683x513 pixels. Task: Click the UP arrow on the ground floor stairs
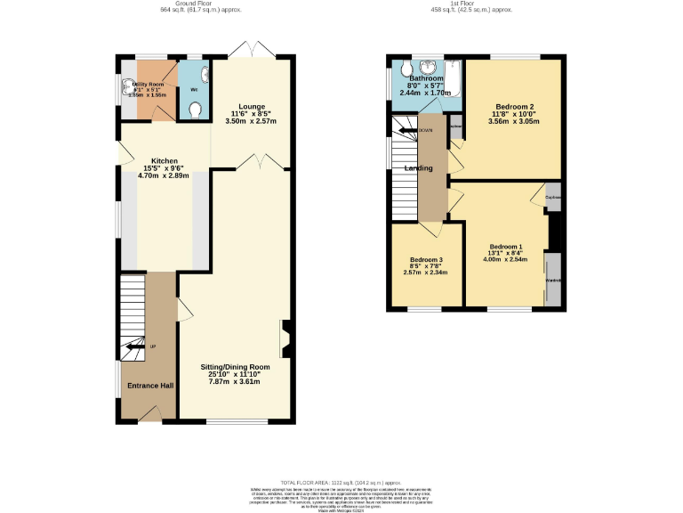[x=134, y=346]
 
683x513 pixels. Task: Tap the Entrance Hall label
[x=149, y=386]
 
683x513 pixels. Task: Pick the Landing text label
[x=419, y=168]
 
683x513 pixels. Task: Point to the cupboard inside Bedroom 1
[x=552, y=198]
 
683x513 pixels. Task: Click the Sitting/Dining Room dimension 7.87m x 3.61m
[x=233, y=382]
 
